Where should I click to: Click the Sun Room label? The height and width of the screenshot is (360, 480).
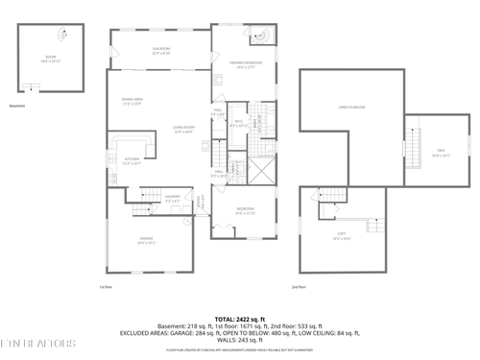[160, 50]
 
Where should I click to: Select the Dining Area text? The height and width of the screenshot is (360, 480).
[132, 101]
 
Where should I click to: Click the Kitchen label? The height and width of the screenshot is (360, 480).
[132, 160]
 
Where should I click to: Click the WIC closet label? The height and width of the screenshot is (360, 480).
[218, 113]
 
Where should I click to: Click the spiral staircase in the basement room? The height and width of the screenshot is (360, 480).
[34, 89]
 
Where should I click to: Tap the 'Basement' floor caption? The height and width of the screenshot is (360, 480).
[17, 106]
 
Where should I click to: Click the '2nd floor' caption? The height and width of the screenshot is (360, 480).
[300, 286]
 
